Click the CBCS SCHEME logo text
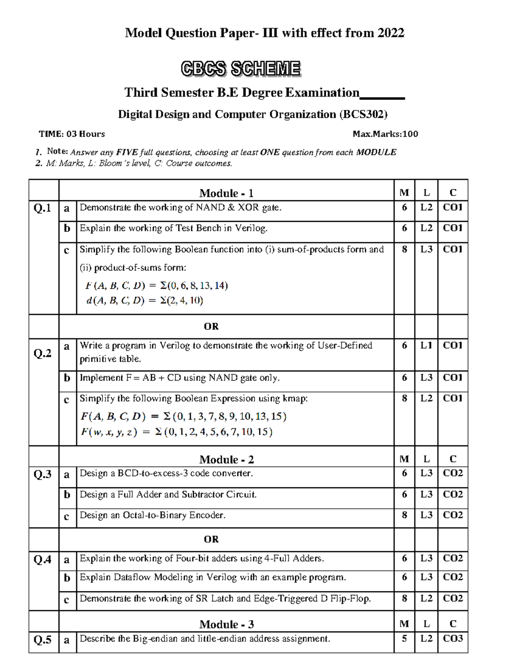[x=240, y=69]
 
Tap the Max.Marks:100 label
[x=385, y=134]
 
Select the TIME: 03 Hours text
[x=72, y=134]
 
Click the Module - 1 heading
[x=226, y=193]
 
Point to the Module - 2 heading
[x=226, y=459]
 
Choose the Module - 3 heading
[x=226, y=624]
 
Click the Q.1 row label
[x=42, y=208]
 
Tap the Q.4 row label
[x=42, y=560]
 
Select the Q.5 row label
[x=42, y=640]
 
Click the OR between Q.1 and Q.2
[x=211, y=327]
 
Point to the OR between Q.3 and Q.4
[x=211, y=539]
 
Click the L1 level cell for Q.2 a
[x=426, y=345]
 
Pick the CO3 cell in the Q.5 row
[x=452, y=638]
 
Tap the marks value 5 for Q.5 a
[x=404, y=638]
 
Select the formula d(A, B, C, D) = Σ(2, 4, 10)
[x=145, y=301]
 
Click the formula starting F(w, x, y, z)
[x=177, y=432]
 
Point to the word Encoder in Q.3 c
[x=209, y=515]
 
